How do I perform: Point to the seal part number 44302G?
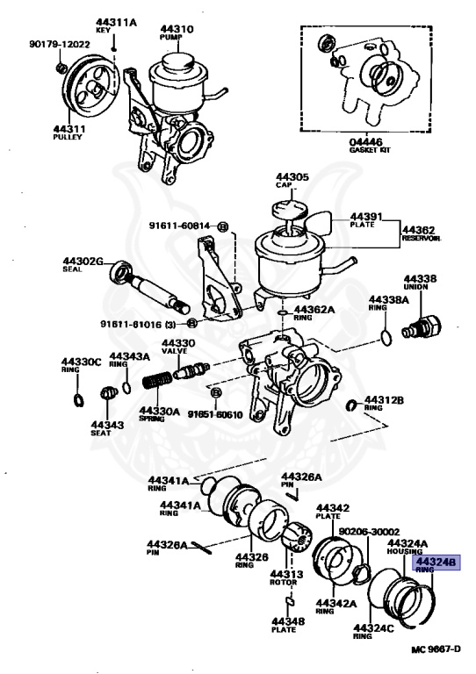(x=83, y=261)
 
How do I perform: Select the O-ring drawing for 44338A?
(x=385, y=337)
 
